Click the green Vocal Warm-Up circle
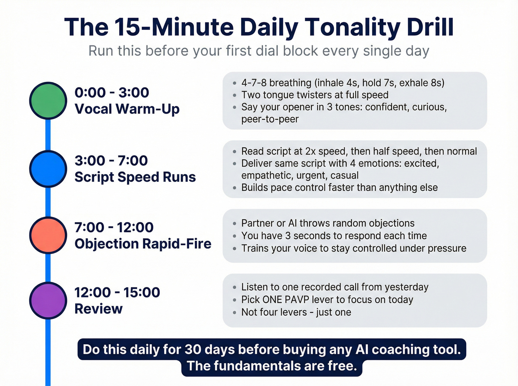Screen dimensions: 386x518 (x=48, y=100)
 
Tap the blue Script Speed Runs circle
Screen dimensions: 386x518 (x=48, y=169)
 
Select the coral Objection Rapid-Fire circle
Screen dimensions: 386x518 (x=48, y=235)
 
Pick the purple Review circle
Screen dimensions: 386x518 (x=48, y=300)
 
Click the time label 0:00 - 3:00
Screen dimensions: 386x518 (x=112, y=92)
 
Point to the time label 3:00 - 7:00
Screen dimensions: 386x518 (x=111, y=161)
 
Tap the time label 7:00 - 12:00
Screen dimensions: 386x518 (x=114, y=227)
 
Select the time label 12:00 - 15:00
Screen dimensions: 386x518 (x=117, y=292)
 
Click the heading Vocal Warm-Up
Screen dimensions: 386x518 (x=127, y=109)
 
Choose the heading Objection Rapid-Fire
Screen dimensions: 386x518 (x=143, y=244)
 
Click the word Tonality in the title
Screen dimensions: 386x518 (x=353, y=27)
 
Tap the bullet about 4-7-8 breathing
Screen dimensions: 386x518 (x=343, y=83)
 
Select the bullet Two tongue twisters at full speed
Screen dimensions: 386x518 (x=314, y=95)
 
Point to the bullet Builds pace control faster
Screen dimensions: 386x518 (x=339, y=187)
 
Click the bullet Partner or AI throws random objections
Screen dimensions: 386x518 (x=328, y=223)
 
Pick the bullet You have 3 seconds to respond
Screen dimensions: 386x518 (x=334, y=236)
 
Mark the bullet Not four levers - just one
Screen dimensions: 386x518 (x=296, y=312)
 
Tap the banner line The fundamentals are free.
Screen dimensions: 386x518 (x=272, y=366)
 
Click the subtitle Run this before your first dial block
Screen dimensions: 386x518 (x=259, y=51)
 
